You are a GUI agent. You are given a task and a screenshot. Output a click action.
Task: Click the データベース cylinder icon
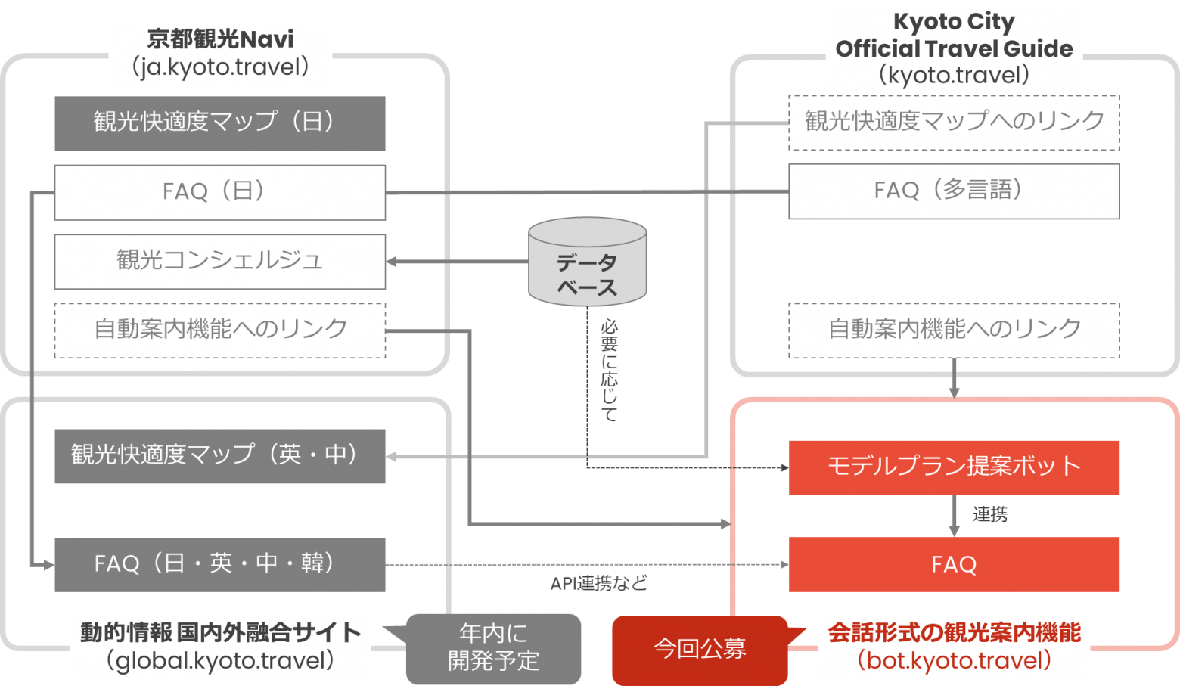click(x=587, y=262)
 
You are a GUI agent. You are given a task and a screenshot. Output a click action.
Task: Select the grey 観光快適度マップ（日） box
click(x=219, y=123)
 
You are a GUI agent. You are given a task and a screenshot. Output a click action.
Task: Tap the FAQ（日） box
click(x=219, y=192)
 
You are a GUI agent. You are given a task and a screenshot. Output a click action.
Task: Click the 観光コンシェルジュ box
click(x=219, y=261)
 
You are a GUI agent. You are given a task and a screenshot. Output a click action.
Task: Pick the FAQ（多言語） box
click(x=953, y=191)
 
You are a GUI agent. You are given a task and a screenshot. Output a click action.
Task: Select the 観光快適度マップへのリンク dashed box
click(x=953, y=122)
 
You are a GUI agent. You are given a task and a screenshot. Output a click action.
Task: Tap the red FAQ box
click(x=953, y=564)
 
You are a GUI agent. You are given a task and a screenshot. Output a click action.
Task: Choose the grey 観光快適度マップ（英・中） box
click(x=219, y=456)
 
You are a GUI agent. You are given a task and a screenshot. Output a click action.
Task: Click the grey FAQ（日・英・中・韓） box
click(x=219, y=564)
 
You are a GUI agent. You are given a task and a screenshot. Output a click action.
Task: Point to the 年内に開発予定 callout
click(x=493, y=648)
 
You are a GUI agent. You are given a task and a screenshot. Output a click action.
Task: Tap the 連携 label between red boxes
click(x=989, y=516)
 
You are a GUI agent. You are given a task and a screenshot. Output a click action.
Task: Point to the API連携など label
click(x=598, y=583)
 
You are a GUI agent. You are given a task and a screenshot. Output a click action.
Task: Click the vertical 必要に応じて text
click(x=609, y=371)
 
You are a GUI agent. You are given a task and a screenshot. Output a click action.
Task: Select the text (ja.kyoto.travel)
click(x=220, y=68)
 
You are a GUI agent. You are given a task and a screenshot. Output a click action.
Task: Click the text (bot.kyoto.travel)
click(x=954, y=662)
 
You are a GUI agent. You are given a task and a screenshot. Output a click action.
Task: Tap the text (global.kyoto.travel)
click(x=220, y=662)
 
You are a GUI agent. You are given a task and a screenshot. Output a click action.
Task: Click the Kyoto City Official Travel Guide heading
click(x=954, y=36)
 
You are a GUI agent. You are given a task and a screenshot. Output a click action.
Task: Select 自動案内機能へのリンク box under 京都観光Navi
click(x=219, y=330)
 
